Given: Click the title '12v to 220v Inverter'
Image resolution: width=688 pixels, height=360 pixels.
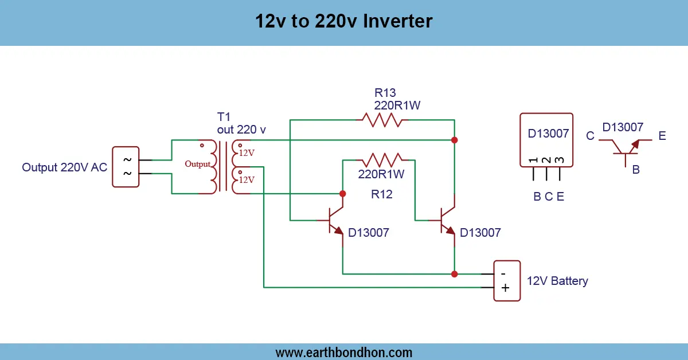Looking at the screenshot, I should (343, 22).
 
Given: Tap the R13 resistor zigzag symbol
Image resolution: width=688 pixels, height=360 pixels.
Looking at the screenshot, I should (381, 120).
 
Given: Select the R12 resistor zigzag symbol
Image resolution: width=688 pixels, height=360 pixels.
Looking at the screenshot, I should (381, 159).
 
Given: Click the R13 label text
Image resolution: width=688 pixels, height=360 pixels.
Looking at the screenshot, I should (385, 93).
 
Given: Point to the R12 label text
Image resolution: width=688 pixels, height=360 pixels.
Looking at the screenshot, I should (381, 195).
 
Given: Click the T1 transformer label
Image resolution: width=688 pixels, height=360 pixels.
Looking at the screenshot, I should (224, 117).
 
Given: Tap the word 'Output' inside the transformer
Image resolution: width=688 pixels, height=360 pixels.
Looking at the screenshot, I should (198, 164).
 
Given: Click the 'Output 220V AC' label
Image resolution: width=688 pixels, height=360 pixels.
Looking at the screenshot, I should (65, 167).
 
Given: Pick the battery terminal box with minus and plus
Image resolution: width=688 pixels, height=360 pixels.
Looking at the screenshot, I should (507, 280).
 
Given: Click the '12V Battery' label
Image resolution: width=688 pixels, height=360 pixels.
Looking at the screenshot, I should (557, 281).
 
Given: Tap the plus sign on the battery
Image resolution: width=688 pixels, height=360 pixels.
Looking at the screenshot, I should (505, 288).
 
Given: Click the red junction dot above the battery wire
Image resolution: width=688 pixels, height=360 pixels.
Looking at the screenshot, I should (455, 274).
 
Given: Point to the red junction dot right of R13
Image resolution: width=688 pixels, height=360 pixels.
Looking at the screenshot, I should (455, 140).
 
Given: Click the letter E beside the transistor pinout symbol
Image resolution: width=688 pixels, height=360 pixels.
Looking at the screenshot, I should (662, 136).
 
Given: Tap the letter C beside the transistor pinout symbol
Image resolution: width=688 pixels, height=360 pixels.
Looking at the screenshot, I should (590, 136).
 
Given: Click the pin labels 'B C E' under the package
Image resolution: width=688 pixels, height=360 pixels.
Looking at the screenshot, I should (549, 197).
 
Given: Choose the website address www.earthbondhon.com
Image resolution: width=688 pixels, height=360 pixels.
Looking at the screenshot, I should (343, 352).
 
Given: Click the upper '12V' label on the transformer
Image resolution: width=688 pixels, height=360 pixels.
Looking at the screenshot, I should (247, 153).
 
